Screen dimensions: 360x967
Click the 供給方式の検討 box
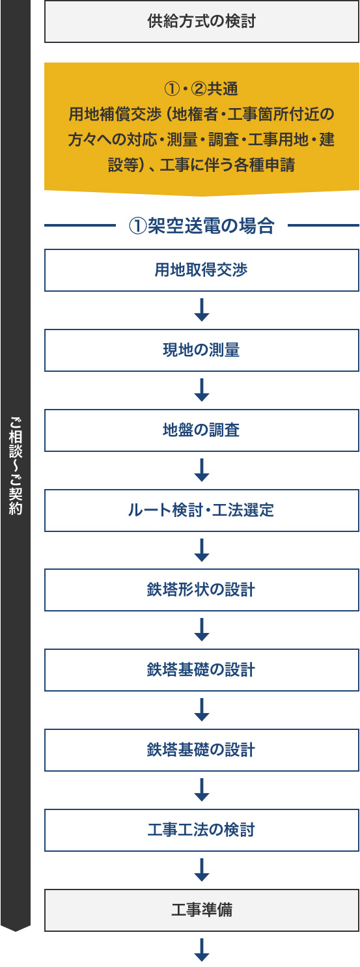(202, 21)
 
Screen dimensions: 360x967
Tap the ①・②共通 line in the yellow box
(201, 89)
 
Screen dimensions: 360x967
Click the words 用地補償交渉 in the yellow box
(115, 115)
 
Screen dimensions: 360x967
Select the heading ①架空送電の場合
(202, 225)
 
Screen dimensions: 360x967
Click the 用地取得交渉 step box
(202, 270)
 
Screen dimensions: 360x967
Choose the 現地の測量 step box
(202, 350)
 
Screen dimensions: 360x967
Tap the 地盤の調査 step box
(202, 430)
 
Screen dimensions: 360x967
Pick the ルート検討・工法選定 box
(202, 511)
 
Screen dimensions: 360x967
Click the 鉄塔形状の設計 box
(202, 590)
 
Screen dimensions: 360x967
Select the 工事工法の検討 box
(202, 830)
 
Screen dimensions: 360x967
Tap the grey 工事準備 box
(202, 910)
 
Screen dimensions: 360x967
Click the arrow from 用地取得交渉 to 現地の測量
(202, 310)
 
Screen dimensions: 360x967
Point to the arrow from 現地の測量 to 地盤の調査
(202, 390)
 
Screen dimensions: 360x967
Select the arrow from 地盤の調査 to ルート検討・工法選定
(202, 470)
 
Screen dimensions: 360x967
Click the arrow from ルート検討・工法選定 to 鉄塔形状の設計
(202, 550)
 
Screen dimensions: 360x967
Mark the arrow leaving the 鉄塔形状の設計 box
(202, 630)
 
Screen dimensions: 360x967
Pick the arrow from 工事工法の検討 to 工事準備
(202, 870)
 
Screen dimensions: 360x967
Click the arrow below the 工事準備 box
(202, 949)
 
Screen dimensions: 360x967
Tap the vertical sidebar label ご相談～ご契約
(16, 466)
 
